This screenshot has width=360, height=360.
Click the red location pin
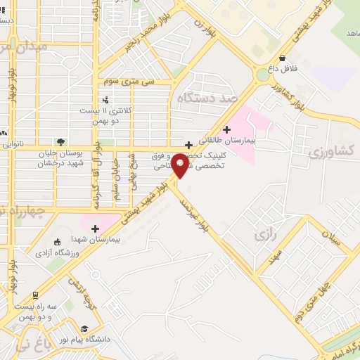click(x=181, y=165)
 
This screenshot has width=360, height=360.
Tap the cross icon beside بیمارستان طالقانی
click(x=226, y=129)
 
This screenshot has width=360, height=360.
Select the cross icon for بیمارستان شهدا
click(x=95, y=228)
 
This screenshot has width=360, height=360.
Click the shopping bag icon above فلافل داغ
click(x=282, y=58)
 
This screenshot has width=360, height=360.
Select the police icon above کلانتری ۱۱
click(x=105, y=100)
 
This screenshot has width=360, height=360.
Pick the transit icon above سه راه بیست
click(x=35, y=295)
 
